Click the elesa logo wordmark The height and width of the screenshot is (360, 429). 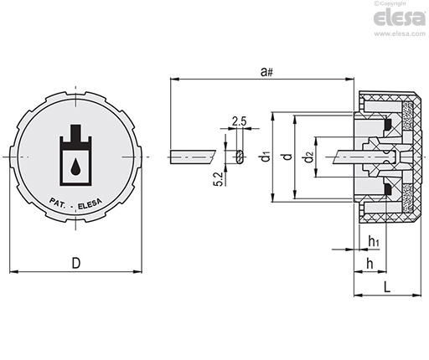pos(400,18)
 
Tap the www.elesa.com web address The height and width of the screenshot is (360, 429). pos(400,33)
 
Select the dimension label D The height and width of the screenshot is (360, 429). pos(76,263)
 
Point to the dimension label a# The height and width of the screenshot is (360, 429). pos(266,72)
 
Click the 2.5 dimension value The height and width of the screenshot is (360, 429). pos(239,121)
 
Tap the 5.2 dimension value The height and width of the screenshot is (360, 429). pos(219,179)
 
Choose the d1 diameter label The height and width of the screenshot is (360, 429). pos(266,157)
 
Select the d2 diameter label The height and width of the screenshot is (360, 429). pos(308,157)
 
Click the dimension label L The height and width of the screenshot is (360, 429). pos(386,286)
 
